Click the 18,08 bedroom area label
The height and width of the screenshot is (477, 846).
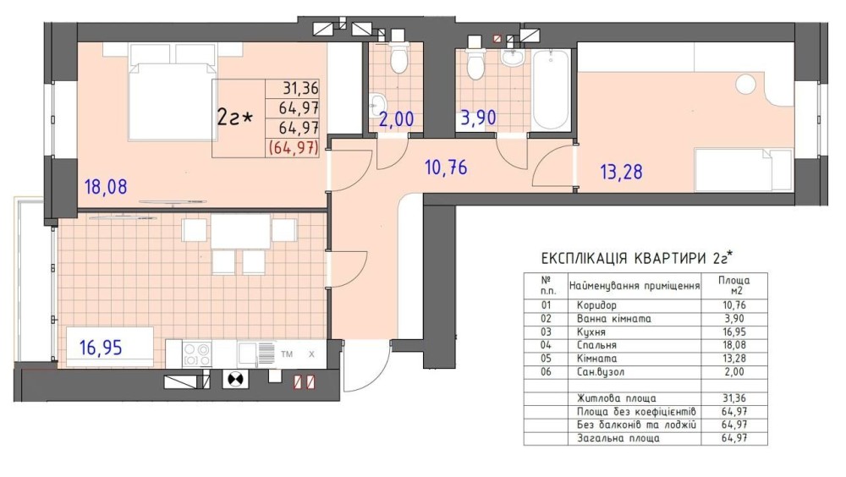pos(106,187)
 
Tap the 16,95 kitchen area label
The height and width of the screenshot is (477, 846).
pos(101,348)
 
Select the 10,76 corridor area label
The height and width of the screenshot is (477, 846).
pos(446,167)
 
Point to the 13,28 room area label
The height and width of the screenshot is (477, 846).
pos(621,173)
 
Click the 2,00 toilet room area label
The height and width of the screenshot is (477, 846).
pos(396,118)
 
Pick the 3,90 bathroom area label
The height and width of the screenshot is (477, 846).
pos(478,118)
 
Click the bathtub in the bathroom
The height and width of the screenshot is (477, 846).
pos(551,90)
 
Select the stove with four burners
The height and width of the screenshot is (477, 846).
pos(197,354)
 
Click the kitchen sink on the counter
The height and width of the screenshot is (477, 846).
pos(256,354)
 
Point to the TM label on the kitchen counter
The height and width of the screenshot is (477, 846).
pos(287,354)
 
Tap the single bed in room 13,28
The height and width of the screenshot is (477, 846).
pos(744,170)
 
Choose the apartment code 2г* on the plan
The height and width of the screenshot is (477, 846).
pos(234,117)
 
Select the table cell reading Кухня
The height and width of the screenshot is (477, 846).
pos(591,332)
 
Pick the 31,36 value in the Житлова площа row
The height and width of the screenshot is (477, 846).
pos(733,398)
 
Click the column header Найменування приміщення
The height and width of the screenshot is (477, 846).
pos(634,286)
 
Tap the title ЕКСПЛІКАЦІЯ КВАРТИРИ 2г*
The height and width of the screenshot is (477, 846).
pos(638,258)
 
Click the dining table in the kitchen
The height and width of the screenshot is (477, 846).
pos(240,232)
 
